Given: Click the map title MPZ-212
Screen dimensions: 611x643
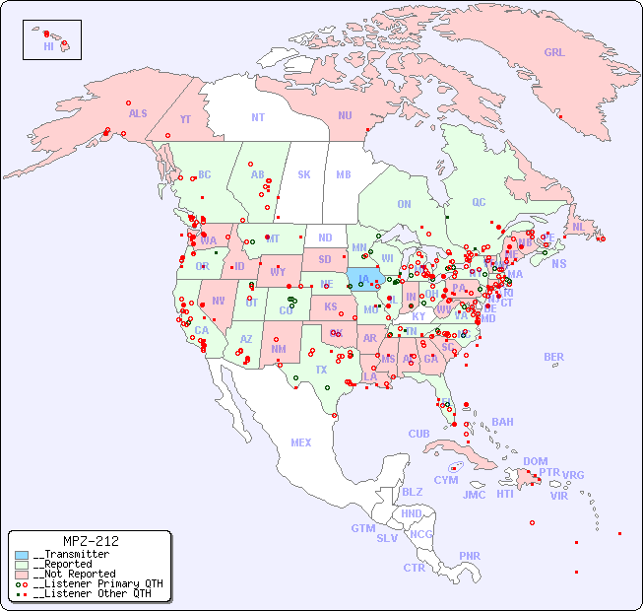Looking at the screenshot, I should point(91,541).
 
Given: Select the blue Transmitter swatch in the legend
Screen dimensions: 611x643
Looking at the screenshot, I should point(22,555).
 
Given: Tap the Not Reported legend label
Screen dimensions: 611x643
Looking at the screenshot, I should point(73,574).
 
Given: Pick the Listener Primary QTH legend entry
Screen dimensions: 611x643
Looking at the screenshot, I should point(96,583).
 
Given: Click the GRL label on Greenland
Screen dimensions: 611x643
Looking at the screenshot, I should point(554,53).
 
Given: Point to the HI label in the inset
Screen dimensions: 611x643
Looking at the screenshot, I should point(48,46).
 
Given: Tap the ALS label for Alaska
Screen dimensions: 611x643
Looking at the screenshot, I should point(138,113).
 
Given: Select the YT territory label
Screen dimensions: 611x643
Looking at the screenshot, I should point(185,119).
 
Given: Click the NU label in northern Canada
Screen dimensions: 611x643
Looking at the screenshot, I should point(345,115).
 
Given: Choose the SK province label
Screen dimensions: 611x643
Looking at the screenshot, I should point(304,174).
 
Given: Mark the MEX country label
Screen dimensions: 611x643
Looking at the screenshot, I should point(301,442).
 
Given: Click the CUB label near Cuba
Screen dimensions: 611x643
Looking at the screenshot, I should point(418,434).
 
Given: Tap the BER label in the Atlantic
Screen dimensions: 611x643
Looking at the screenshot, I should point(553,357).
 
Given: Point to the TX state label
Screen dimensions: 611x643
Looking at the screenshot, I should point(320,370).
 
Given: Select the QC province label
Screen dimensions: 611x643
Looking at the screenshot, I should point(479,202).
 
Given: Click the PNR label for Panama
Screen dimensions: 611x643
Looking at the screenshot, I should point(470,556).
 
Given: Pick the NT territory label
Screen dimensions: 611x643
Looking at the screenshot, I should point(257,117).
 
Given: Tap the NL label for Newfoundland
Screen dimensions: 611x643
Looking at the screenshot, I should point(578,226).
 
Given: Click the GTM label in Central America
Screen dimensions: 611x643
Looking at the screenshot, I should point(362,528).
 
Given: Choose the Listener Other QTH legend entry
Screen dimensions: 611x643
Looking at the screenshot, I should point(91,593).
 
